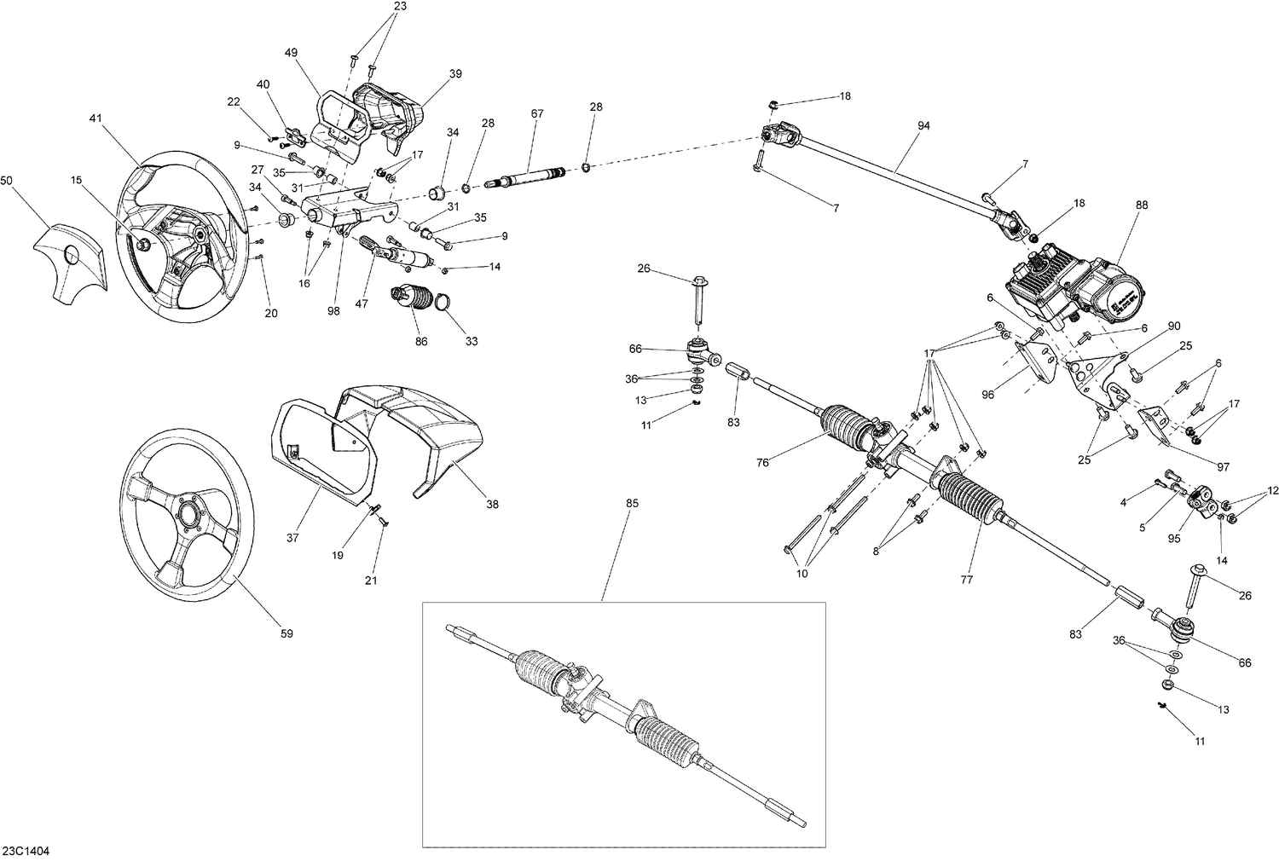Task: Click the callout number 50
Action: (x=7, y=181)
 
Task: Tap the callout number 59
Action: (x=286, y=633)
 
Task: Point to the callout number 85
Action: (x=631, y=503)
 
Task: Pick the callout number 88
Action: (x=1142, y=205)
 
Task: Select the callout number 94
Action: (x=924, y=126)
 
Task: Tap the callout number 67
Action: (x=536, y=114)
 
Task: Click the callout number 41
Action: (x=94, y=120)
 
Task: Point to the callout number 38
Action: (x=492, y=504)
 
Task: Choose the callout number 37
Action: (x=294, y=538)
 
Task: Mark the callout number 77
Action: (x=966, y=581)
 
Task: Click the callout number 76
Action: (x=762, y=463)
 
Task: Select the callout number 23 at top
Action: (x=400, y=6)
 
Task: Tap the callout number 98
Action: (x=333, y=311)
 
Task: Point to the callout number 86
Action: (x=421, y=341)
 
